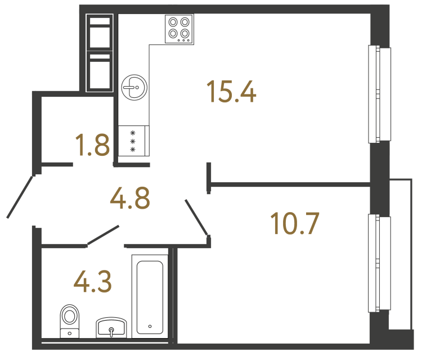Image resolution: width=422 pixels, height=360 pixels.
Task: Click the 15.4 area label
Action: pos(231,92)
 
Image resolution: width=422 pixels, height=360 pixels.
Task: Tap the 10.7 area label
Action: pos(295,223)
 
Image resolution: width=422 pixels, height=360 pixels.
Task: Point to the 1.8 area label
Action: pos(92,145)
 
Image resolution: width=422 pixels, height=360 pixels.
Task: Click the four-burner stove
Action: pos(179,29)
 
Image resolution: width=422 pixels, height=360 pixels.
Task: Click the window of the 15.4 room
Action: pos(379,93)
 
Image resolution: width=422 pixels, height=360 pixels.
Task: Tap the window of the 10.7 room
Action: pos(379,263)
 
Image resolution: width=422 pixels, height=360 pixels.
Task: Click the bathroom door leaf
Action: pos(102,235)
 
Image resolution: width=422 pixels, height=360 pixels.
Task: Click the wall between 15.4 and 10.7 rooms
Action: pos(290,183)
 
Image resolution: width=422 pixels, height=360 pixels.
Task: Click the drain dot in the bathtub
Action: pos(150,326)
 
